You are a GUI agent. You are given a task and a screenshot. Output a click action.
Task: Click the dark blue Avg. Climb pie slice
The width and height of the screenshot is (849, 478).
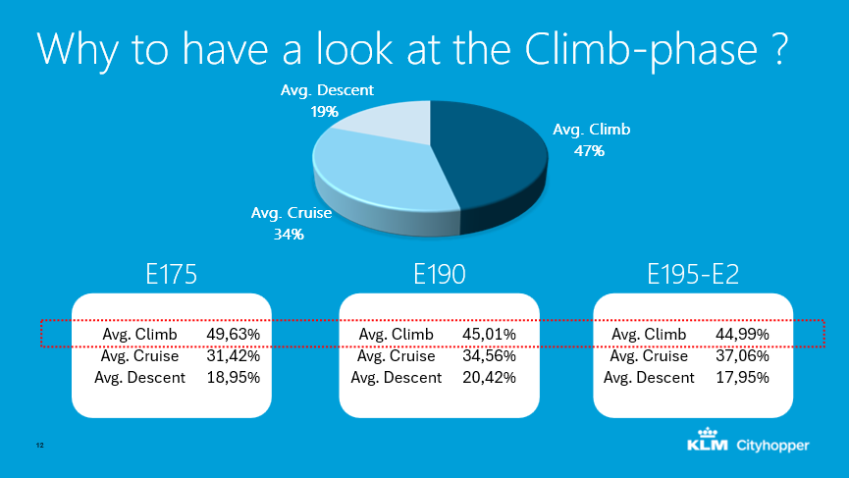pyautogui.click(x=491, y=157)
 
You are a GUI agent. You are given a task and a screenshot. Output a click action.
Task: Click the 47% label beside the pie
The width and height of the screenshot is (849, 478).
pyautogui.click(x=590, y=151)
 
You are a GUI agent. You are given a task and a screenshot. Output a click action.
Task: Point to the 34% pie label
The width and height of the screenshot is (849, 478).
pyautogui.click(x=290, y=234)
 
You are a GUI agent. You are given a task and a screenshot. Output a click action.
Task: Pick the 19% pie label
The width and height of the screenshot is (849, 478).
pyautogui.click(x=325, y=112)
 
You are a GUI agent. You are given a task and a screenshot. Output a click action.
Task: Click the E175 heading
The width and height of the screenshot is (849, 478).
pyautogui.click(x=171, y=276)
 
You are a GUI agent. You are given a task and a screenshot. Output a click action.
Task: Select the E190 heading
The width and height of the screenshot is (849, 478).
pyautogui.click(x=439, y=276)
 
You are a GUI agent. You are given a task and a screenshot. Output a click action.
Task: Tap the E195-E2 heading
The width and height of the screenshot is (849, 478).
pyautogui.click(x=693, y=276)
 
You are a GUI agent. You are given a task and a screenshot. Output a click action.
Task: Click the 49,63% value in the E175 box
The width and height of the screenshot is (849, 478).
pyautogui.click(x=233, y=335)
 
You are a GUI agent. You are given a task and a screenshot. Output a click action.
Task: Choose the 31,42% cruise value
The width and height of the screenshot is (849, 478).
pyautogui.click(x=233, y=355)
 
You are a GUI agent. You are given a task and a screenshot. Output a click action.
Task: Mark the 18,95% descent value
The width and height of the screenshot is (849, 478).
pyautogui.click(x=233, y=377)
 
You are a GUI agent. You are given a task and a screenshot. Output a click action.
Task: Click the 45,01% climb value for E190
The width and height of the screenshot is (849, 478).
pyautogui.click(x=489, y=335)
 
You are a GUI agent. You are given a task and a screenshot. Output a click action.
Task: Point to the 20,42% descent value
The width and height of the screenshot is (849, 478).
pyautogui.click(x=489, y=377)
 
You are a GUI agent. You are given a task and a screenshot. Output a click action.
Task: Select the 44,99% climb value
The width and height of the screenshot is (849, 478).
pyautogui.click(x=742, y=335)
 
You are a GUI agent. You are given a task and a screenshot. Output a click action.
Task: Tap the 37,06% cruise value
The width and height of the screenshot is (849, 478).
pyautogui.click(x=742, y=355)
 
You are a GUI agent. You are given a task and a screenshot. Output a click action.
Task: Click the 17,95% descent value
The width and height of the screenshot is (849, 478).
pyautogui.click(x=742, y=377)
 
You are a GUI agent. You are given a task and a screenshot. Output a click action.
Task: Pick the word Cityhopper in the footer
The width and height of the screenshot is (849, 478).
pyautogui.click(x=773, y=446)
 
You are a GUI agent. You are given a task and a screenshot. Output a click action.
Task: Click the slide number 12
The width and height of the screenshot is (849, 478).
pyautogui.click(x=40, y=447)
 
